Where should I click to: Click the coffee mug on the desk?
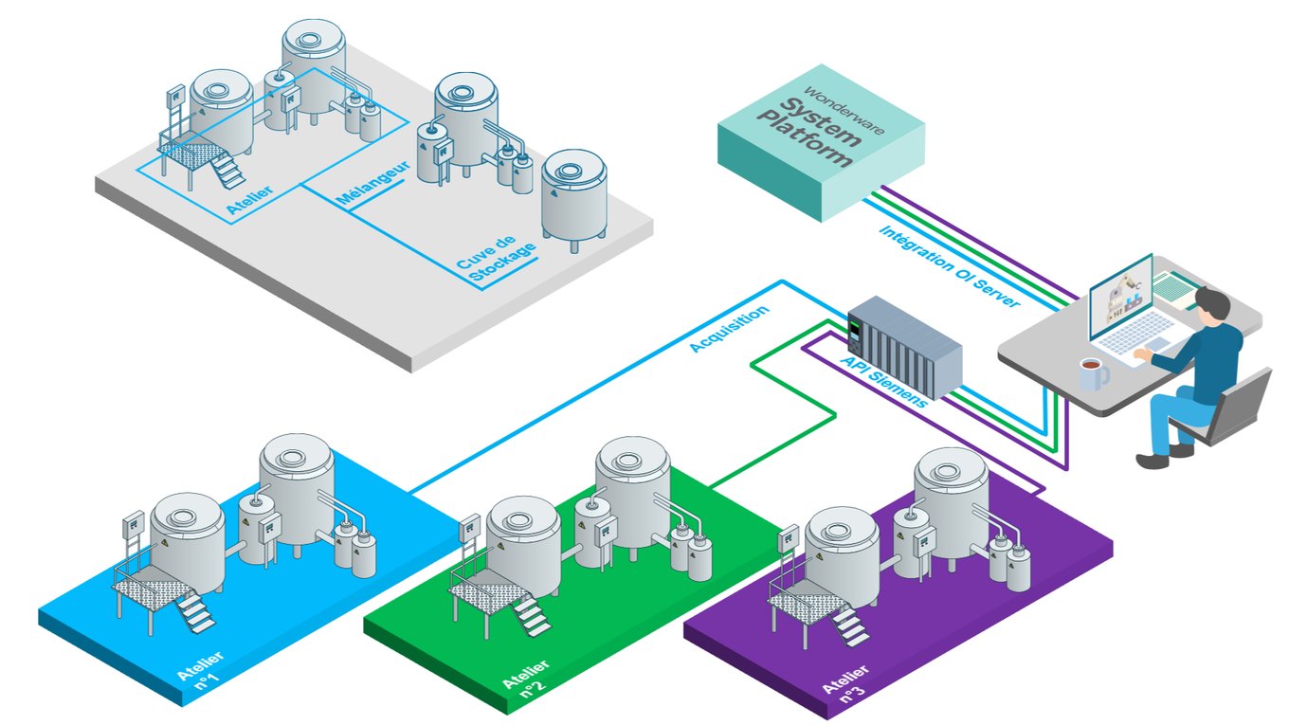tap(1093, 373)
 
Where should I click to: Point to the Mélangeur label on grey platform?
tap(373, 184)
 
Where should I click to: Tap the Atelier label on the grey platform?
tap(251, 198)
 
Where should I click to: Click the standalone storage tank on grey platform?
tap(573, 194)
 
